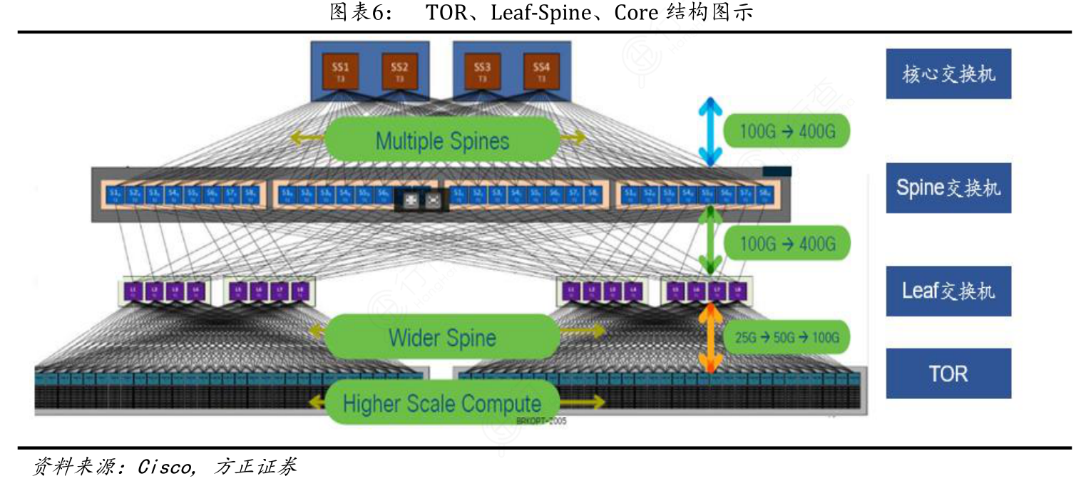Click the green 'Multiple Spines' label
pyautogui.click(x=442, y=140)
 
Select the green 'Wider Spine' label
pyautogui.click(x=442, y=336)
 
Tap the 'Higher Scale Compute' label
pyautogui.click(x=442, y=403)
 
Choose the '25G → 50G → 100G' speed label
pyautogui.click(x=787, y=338)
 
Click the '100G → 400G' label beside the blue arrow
pyautogui.click(x=787, y=131)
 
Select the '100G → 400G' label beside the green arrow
pyautogui.click(x=787, y=243)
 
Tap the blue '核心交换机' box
pyautogui.click(x=948, y=73)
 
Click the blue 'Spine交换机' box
pyautogui.click(x=948, y=187)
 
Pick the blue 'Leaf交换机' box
pyautogui.click(x=948, y=291)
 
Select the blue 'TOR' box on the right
pyautogui.click(x=948, y=373)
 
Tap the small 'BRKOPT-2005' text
pyautogui.click(x=540, y=421)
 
